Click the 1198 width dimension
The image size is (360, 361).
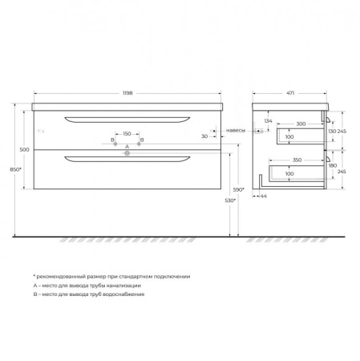pos(128,93)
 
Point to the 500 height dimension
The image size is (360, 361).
pos(25,150)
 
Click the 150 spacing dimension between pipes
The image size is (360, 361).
pos(127,133)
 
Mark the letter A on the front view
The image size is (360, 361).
pos(127,148)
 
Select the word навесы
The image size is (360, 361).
pos(236,130)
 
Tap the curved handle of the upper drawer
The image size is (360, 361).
pos(127,119)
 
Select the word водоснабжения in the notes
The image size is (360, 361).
pos(122,295)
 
